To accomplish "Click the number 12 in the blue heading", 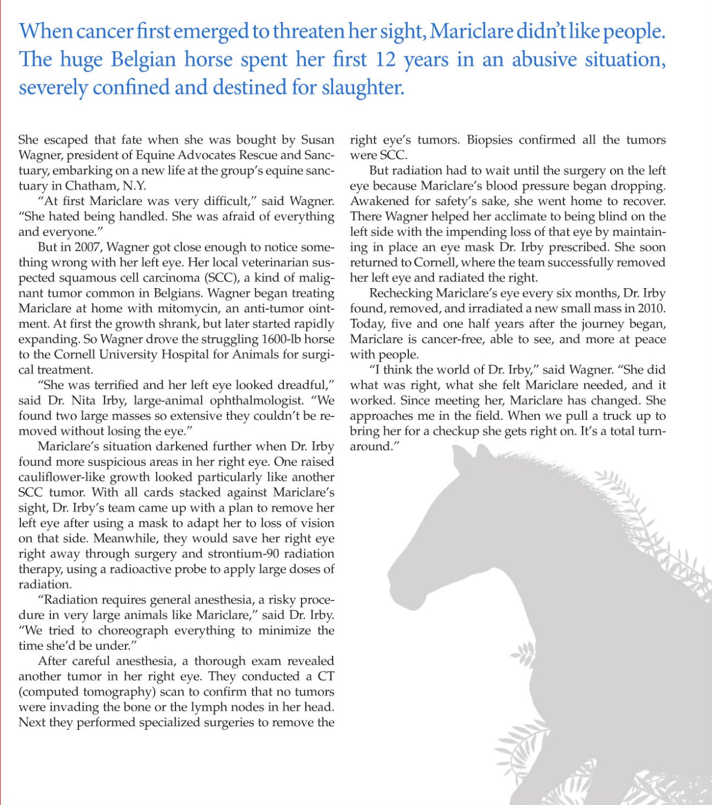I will (x=385, y=59).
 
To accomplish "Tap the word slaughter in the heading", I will (x=362, y=88).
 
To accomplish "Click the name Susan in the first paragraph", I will (x=317, y=140).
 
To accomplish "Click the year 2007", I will (x=87, y=247).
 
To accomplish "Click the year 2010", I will (x=651, y=309).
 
